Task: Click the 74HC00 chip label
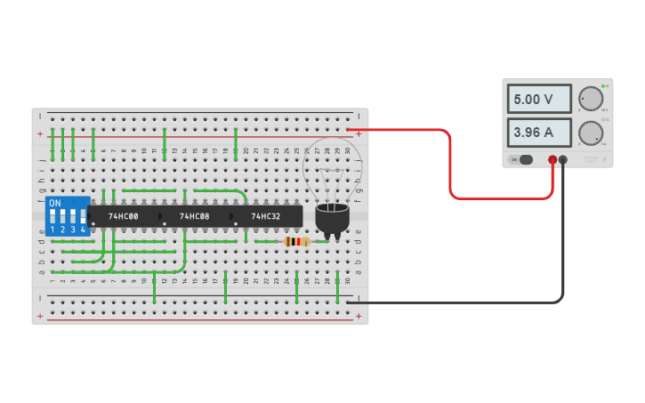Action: pyautogui.click(x=123, y=216)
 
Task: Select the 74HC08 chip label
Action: pyautogui.click(x=194, y=216)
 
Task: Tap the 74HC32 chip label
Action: pyautogui.click(x=265, y=216)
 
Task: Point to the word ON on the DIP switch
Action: pyautogui.click(x=55, y=203)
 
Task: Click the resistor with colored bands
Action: pyautogui.click(x=296, y=241)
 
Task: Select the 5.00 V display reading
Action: pyautogui.click(x=539, y=100)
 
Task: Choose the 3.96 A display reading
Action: pyautogui.click(x=539, y=133)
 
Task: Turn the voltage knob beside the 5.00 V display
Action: pyautogui.click(x=590, y=99)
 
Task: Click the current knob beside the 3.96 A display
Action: pyautogui.click(x=590, y=133)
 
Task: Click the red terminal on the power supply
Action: pyautogui.click(x=552, y=160)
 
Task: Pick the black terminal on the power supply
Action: pyautogui.click(x=563, y=160)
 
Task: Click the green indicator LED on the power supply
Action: pyautogui.click(x=602, y=86)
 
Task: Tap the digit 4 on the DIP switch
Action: pyautogui.click(x=83, y=230)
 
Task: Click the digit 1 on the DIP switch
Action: pyautogui.click(x=52, y=230)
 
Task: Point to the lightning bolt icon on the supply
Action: pyautogui.click(x=603, y=160)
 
